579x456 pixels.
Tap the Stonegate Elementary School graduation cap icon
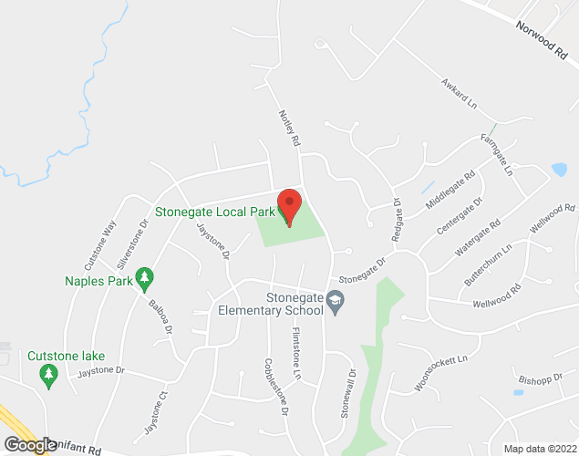point(336,302)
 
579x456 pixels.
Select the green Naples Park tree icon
point(143,276)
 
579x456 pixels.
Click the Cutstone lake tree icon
point(47,372)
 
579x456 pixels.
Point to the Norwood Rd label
point(541,39)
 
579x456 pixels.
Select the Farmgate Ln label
point(498,155)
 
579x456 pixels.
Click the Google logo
point(29,444)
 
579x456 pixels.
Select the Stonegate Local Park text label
point(214,212)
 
